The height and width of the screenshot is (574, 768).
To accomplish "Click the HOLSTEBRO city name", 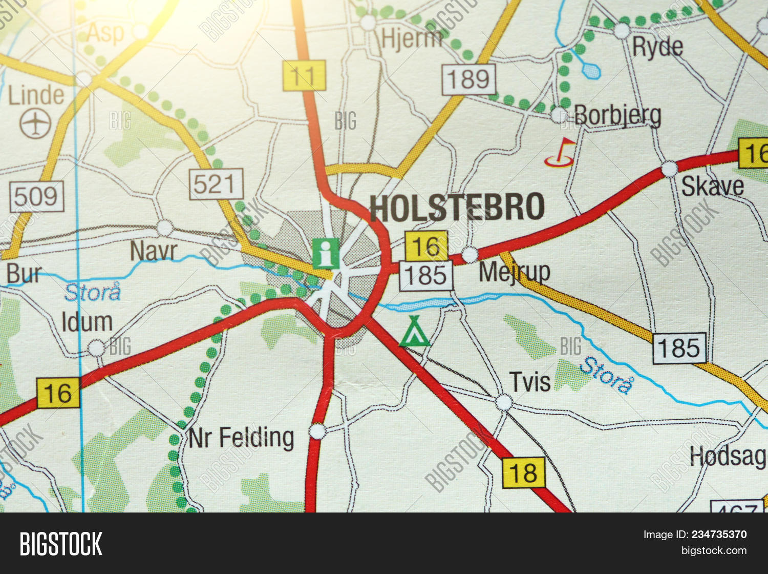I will pyautogui.click(x=457, y=208).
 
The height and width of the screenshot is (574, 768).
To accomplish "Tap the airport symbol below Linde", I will pyautogui.click(x=35, y=124).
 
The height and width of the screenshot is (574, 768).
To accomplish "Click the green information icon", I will pyautogui.click(x=326, y=253).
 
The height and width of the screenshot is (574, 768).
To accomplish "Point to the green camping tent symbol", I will pyautogui.click(x=414, y=332).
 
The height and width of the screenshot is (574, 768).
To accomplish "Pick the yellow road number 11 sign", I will pyautogui.click(x=304, y=75).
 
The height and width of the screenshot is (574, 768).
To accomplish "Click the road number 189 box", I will pyautogui.click(x=469, y=79).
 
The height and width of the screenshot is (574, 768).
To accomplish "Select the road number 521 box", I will pyautogui.click(x=216, y=184).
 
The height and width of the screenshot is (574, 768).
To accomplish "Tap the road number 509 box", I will pyautogui.click(x=37, y=196).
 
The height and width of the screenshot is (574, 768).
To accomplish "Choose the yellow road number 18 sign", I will pyautogui.click(x=523, y=472).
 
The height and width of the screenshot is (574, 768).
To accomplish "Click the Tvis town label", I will pyautogui.click(x=530, y=382).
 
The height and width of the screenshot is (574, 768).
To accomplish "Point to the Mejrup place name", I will pyautogui.click(x=514, y=272).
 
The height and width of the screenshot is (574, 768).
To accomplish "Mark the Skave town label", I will pyautogui.click(x=712, y=187).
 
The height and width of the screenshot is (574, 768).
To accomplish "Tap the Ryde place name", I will pyautogui.click(x=657, y=47).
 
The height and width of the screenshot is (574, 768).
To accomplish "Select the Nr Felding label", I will pyautogui.click(x=241, y=438).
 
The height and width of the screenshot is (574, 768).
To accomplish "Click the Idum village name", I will pyautogui.click(x=87, y=322).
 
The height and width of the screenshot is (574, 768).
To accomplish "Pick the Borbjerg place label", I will pyautogui.click(x=617, y=116).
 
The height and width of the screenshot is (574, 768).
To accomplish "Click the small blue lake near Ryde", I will pyautogui.click(x=591, y=70).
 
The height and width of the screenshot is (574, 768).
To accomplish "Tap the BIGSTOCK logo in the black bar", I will pyautogui.click(x=61, y=543).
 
